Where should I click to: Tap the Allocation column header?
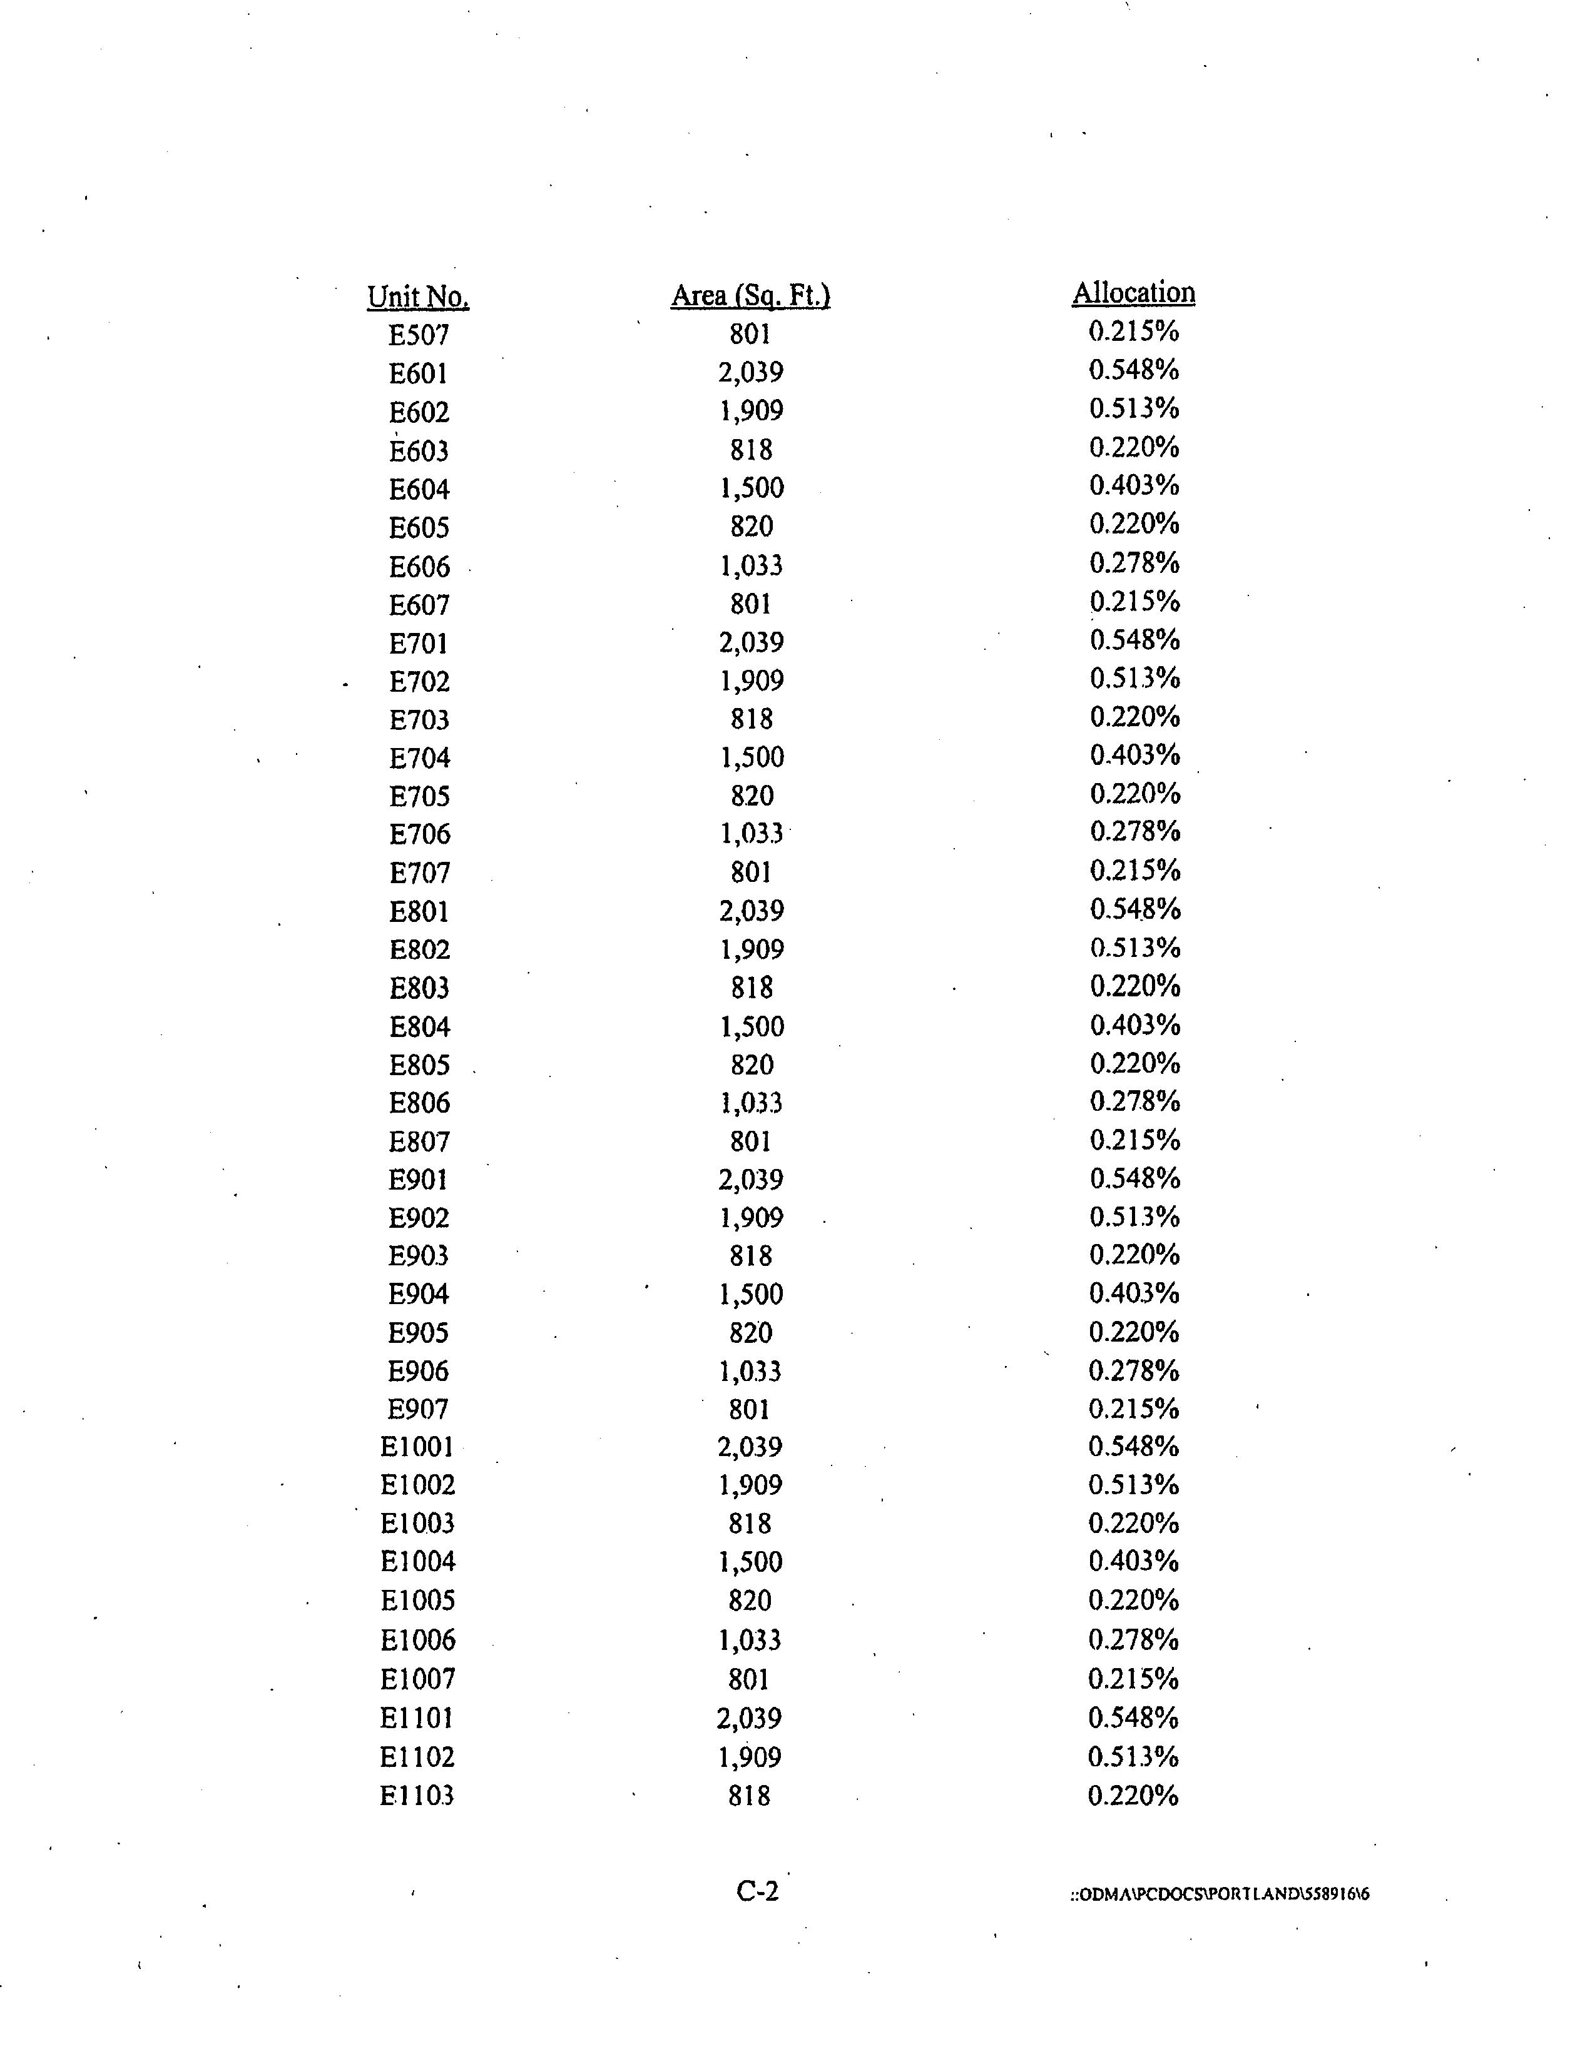click(x=1134, y=293)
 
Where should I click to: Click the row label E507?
click(x=419, y=335)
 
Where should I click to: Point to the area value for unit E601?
click(x=751, y=373)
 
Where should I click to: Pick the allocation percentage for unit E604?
click(x=1134, y=485)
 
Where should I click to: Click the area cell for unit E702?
click(x=752, y=680)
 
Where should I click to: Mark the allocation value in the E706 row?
click(x=1134, y=831)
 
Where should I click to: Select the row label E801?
click(x=419, y=911)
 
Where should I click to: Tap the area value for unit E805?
click(x=752, y=1065)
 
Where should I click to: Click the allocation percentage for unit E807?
click(x=1134, y=1140)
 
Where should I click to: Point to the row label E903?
click(x=419, y=1255)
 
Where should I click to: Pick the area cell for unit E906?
click(x=750, y=1371)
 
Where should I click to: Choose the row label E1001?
click(x=417, y=1447)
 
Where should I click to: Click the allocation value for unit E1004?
click(x=1134, y=1561)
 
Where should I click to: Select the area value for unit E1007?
click(x=749, y=1679)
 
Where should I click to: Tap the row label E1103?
click(x=417, y=1795)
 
